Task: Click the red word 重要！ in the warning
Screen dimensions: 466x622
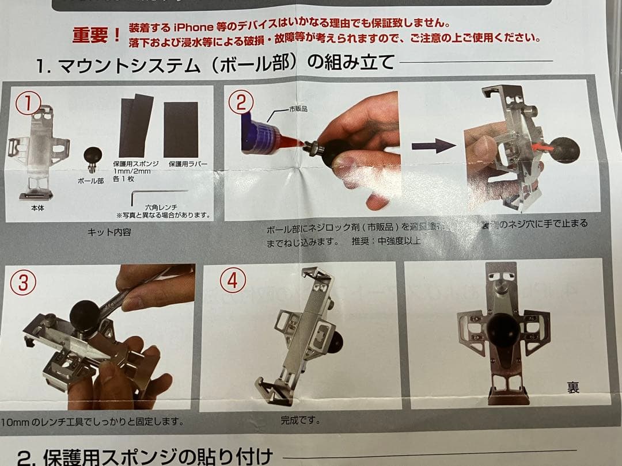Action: [x=96, y=35]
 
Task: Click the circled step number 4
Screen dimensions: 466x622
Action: [x=233, y=280]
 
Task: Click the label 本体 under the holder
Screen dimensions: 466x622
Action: [x=37, y=208]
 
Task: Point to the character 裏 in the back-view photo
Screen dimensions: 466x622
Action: [x=572, y=386]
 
